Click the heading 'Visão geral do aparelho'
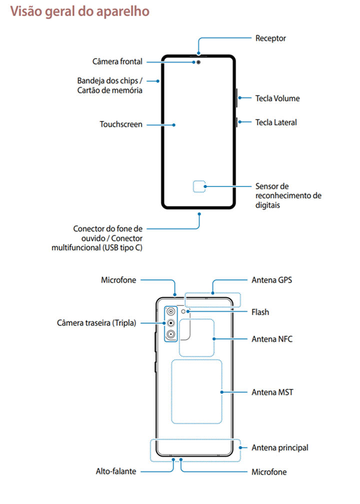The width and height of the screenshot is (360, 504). [80, 12]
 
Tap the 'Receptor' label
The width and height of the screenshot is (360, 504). [270, 38]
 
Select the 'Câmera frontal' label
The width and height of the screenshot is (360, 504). [117, 61]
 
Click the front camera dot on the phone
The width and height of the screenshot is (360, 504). [199, 62]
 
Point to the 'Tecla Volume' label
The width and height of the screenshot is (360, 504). [277, 98]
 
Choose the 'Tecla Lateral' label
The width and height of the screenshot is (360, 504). [276, 122]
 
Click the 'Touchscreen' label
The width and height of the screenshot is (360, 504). [121, 124]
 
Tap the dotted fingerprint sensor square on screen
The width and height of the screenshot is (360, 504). [199, 186]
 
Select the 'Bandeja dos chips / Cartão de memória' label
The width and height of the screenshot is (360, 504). [110, 85]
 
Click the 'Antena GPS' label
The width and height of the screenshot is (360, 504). [272, 280]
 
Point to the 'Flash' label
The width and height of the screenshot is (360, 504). [260, 312]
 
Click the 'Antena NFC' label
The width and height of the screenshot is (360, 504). [272, 339]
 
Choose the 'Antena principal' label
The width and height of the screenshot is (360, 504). [280, 447]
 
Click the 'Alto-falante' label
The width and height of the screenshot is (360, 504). [116, 471]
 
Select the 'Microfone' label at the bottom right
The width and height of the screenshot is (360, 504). [269, 471]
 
